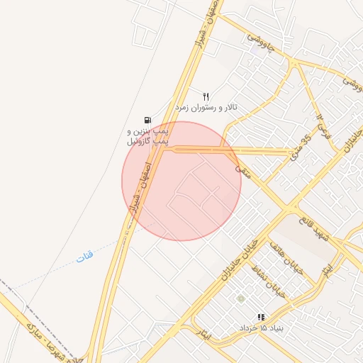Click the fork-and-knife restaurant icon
[206, 96]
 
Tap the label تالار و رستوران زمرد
[206, 107]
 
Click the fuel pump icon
[147, 121]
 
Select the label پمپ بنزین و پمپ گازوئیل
[148, 137]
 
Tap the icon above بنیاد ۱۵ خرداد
[261, 317]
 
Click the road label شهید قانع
[315, 224]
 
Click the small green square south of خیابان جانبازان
[240, 298]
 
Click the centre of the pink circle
[181, 181]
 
